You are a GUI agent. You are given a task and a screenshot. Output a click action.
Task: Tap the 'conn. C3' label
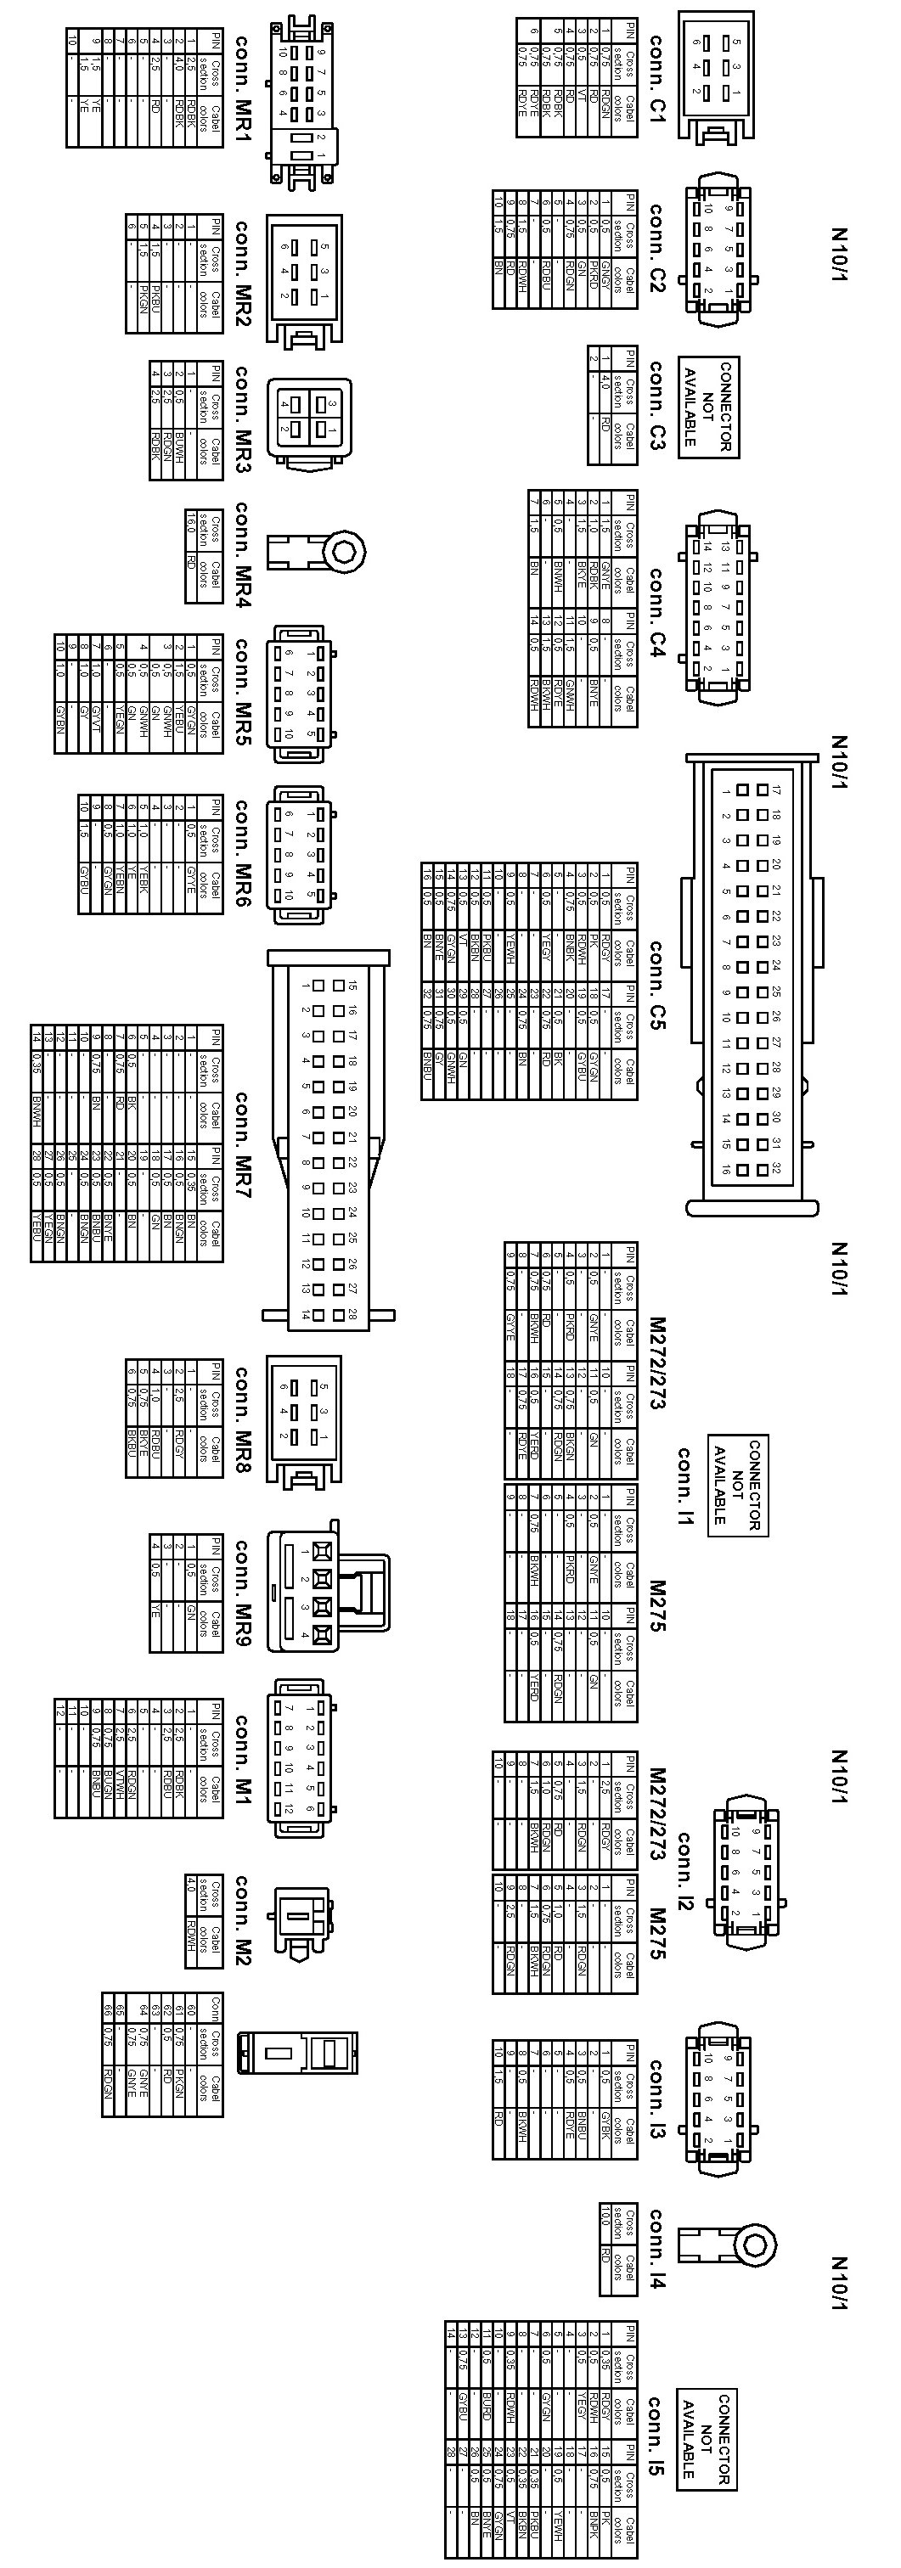click(656, 406)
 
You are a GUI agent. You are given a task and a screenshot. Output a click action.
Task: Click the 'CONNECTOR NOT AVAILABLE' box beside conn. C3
click(708, 407)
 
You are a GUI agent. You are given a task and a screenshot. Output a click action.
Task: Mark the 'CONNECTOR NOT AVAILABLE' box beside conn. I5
click(707, 2440)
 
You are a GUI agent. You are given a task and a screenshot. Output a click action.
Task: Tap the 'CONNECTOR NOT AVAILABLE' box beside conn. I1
click(738, 1485)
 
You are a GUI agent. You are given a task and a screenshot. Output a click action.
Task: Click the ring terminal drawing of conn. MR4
click(316, 550)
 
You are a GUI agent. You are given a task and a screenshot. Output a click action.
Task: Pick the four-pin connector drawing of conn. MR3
click(309, 422)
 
